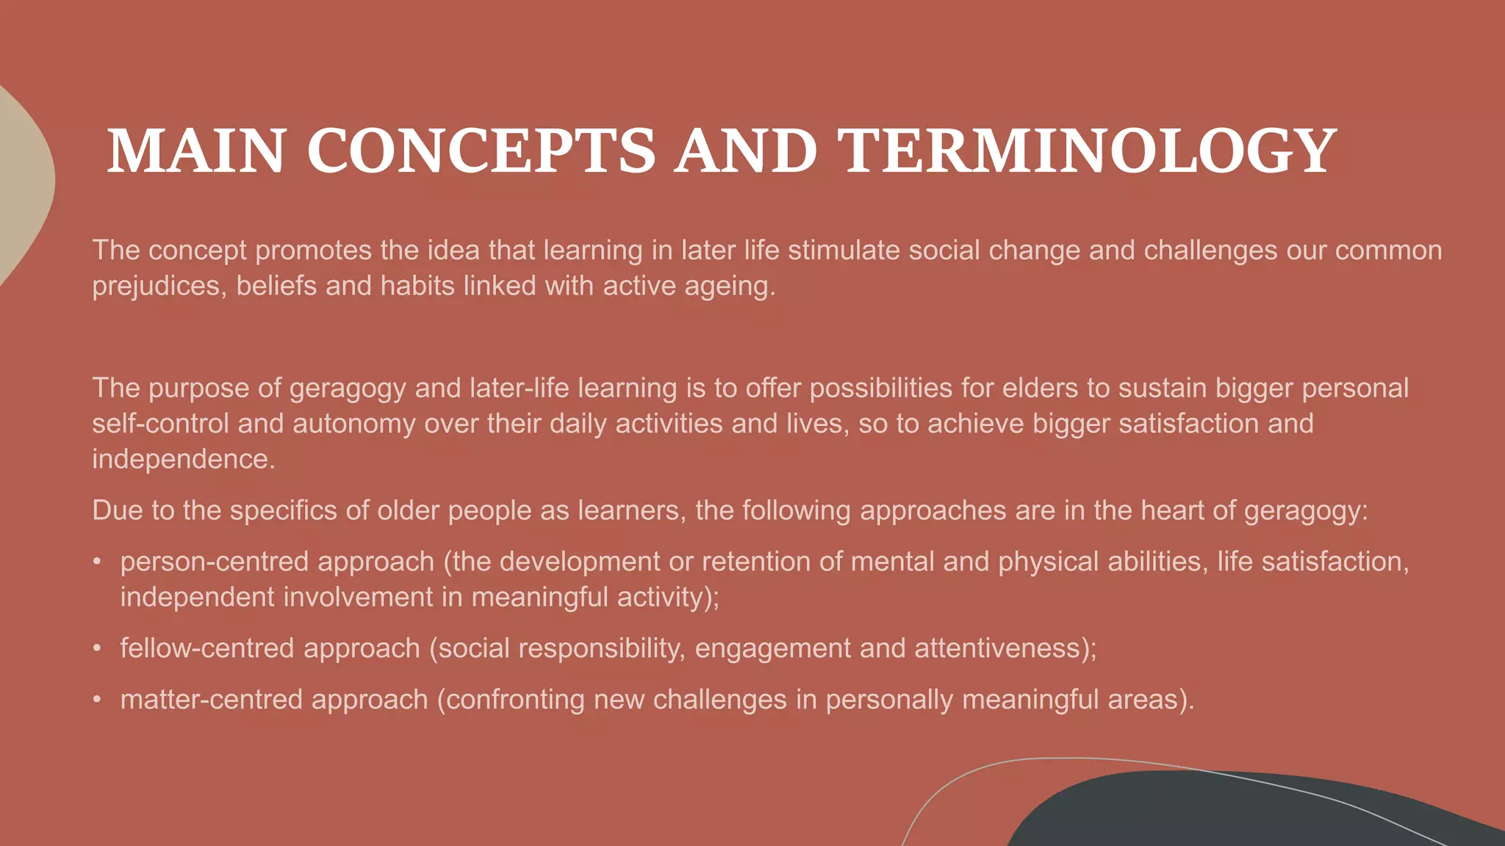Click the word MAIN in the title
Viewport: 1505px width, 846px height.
[196, 151]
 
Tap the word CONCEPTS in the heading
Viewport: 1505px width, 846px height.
[481, 151]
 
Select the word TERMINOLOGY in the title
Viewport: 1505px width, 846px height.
[1086, 151]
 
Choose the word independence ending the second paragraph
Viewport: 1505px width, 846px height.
[183, 459]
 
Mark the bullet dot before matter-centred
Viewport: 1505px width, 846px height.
[97, 700]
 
